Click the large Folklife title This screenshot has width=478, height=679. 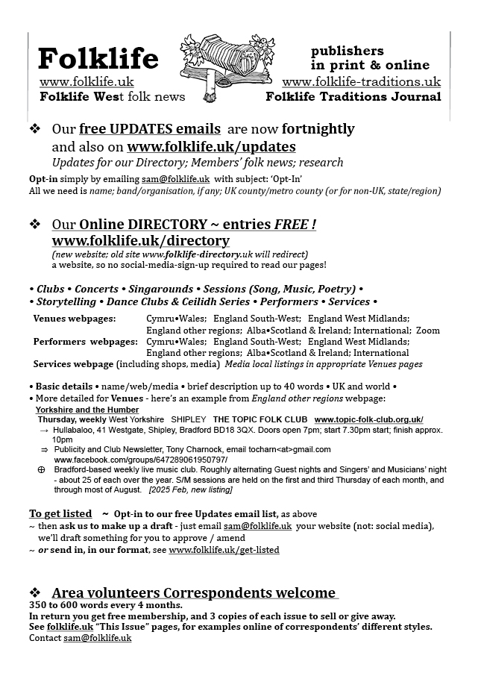[x=98, y=57]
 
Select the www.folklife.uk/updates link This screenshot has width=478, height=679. [x=211, y=146]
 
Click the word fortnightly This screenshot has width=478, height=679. [x=308, y=128]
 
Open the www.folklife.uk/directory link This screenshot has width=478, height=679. [x=140, y=241]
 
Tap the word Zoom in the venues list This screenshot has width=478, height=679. [x=428, y=330]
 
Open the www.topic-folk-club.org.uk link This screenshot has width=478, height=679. [x=368, y=419]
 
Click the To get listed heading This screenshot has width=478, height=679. [x=60, y=514]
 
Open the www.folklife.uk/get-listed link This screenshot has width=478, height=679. [x=224, y=550]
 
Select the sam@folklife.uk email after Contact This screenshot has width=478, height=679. [x=97, y=639]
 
